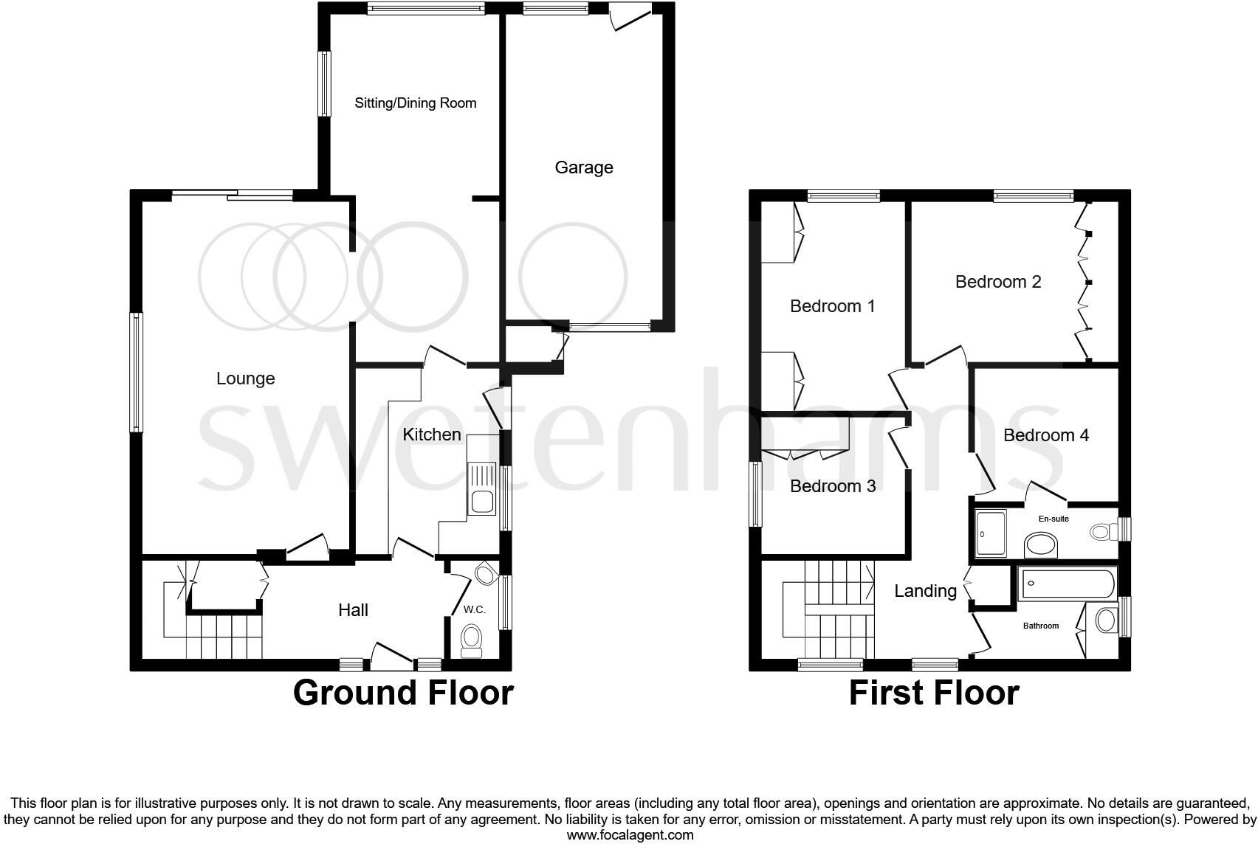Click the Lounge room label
(245, 378)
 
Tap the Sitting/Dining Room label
(416, 103)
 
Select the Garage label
(584, 167)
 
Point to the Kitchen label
(432, 435)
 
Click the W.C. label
(474, 610)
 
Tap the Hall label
(354, 610)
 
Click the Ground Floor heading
(403, 693)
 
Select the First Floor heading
(934, 693)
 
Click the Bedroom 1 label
(833, 306)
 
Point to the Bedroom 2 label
(998, 282)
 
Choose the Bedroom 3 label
(833, 486)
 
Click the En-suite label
(1054, 519)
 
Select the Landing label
(925, 591)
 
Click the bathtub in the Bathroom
(1068, 584)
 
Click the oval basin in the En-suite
(1041, 547)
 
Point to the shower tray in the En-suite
(990, 533)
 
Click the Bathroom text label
(1040, 626)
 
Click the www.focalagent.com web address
(630, 835)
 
